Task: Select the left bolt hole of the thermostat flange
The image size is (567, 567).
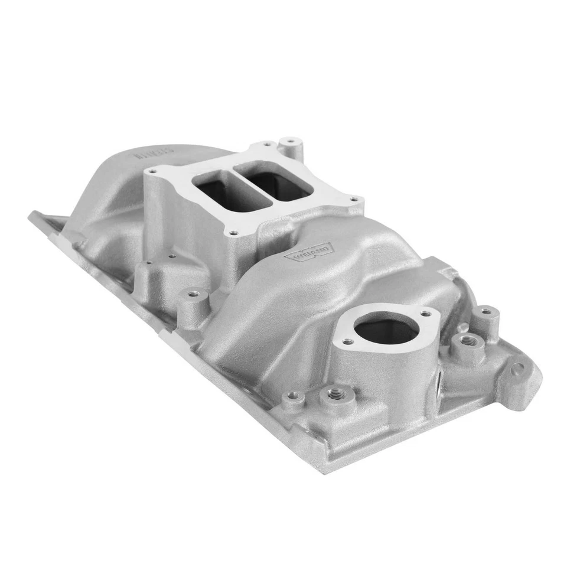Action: pyautogui.click(x=348, y=341)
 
